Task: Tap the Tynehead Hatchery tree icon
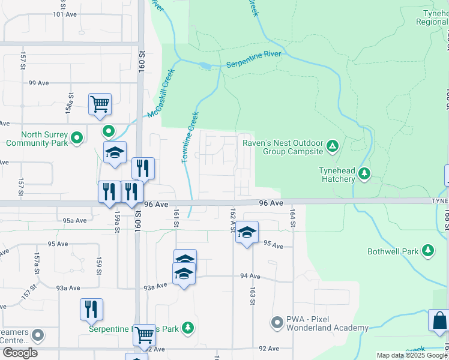tap(364, 174)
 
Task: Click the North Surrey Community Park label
tap(37, 139)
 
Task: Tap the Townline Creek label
tap(190, 137)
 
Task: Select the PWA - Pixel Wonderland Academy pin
tap(277, 323)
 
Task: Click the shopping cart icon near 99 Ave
tap(100, 104)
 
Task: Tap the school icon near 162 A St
tap(247, 232)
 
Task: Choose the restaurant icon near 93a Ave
tap(91, 309)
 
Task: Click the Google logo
tap(20, 353)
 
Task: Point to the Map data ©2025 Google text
tap(411, 355)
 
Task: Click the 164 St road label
tap(293, 218)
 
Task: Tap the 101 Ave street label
tap(66, 14)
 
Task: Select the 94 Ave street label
tap(250, 276)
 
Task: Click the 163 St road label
tap(253, 296)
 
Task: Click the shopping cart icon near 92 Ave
tap(144, 336)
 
